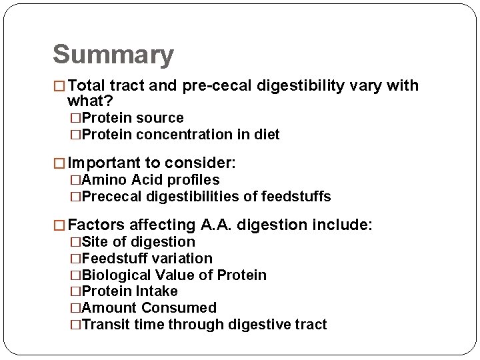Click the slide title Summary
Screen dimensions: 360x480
(x=113, y=55)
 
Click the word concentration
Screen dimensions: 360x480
(x=200, y=135)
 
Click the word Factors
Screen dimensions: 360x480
(x=94, y=225)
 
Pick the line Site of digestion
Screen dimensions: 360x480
(x=137, y=242)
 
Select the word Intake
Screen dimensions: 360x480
(x=156, y=291)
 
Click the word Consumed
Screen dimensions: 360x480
(x=179, y=308)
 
